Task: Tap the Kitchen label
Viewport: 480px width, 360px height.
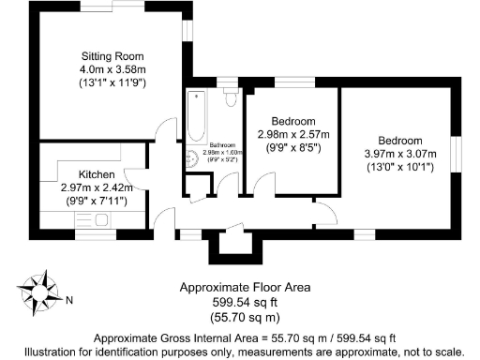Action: click(96, 174)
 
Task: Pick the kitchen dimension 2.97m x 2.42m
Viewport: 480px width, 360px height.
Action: click(96, 187)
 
